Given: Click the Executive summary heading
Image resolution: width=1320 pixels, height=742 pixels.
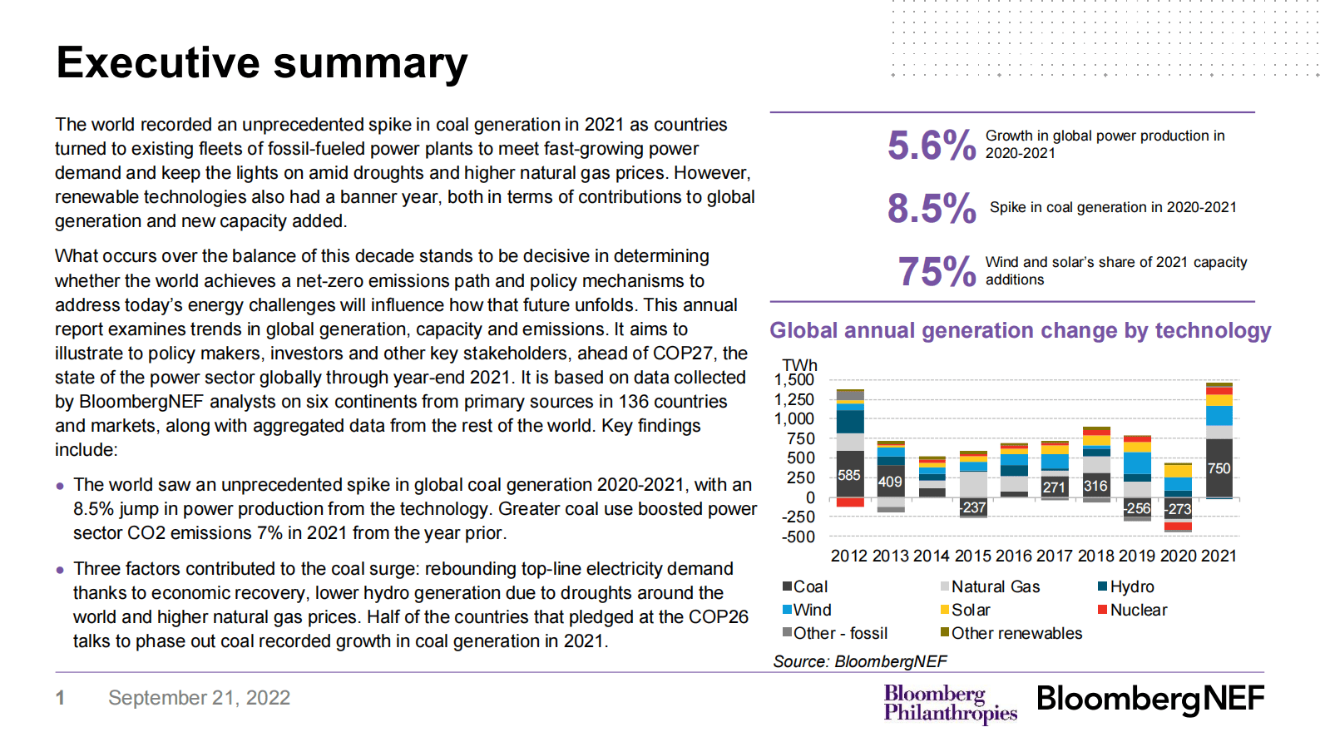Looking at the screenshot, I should coord(262,63).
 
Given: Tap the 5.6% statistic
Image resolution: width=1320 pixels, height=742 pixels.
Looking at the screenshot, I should coord(931,146).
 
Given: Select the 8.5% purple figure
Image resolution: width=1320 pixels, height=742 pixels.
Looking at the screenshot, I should coord(931,208).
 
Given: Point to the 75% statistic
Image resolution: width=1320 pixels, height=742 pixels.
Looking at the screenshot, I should coord(936,271).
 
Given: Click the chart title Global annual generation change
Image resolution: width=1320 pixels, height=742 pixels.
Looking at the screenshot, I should coord(1020,330).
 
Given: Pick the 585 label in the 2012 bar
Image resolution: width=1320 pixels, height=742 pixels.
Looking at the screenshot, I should coord(849,476).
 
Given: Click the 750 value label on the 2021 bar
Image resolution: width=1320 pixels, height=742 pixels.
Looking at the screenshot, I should coord(1219,468).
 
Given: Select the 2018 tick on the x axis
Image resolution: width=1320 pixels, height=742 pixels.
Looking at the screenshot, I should coord(1095,556).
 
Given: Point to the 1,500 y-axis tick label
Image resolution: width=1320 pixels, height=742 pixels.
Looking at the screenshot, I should coord(794,379).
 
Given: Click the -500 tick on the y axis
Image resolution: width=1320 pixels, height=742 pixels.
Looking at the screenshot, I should coord(798,537).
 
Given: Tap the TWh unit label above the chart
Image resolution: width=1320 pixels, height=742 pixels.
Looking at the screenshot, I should coord(799,365).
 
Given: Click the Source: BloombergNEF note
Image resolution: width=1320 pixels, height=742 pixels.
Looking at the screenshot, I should coord(859,661).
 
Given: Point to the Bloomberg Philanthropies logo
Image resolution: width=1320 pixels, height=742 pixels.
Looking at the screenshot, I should coord(949,704).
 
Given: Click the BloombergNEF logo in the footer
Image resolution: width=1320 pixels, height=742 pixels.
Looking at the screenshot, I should coord(1149,699).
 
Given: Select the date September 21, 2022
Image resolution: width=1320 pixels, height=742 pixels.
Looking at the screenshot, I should coord(199,698).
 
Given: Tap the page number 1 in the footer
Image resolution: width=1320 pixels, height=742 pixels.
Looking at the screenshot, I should coord(60,698).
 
